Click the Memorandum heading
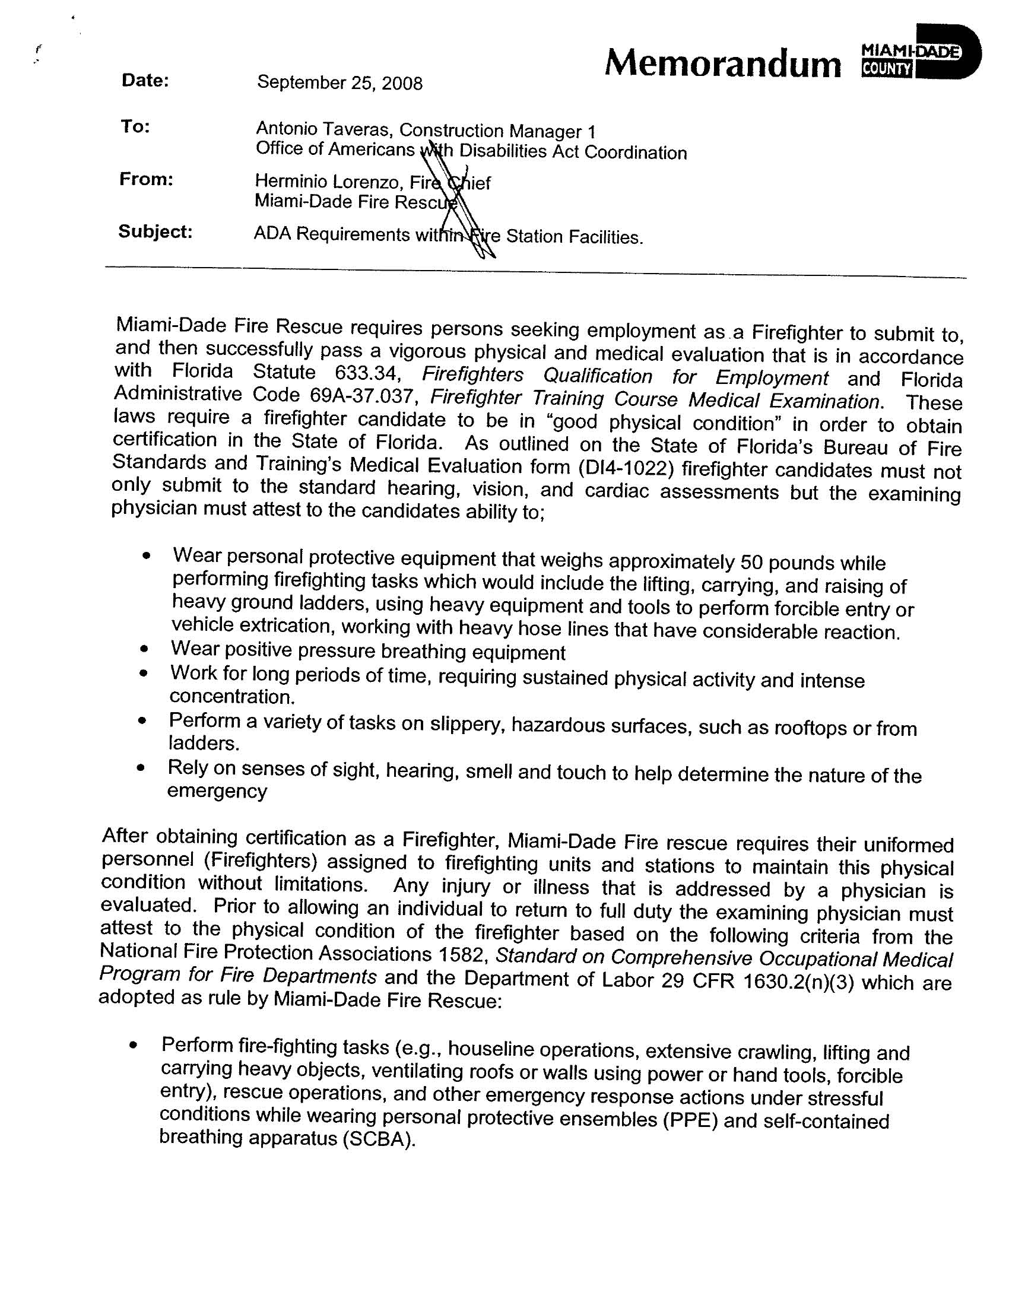pos(722,63)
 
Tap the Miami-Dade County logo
pos(921,52)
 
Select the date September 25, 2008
pos(339,82)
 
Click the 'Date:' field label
pos(145,81)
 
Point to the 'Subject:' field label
pos(156,231)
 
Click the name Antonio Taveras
pos(323,128)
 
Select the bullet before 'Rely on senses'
pos(141,768)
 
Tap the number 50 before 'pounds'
pos(751,563)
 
